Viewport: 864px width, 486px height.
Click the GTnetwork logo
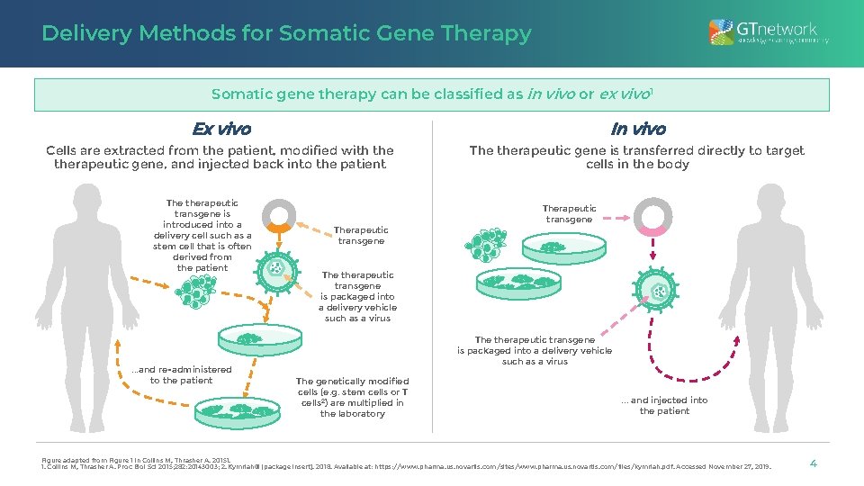[762, 33]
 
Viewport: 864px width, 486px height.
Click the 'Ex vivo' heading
[221, 130]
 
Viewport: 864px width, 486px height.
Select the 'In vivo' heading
[637, 130]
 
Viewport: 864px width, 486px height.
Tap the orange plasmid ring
[279, 216]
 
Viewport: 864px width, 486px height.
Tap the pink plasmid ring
[652, 216]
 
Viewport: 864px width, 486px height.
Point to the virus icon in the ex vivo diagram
[274, 268]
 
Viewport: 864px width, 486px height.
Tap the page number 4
[813, 463]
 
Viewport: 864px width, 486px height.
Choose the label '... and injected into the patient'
[664, 406]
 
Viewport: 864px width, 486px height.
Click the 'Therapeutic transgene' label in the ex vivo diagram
[361, 236]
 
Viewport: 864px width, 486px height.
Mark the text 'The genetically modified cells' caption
[352, 397]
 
